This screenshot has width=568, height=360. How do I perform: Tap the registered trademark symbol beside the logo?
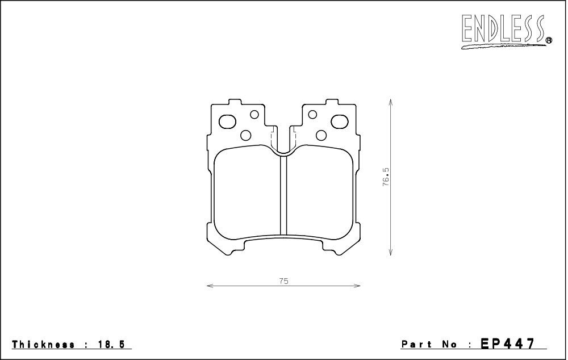pos(549,40)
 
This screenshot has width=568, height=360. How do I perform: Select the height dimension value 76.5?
pos(386,177)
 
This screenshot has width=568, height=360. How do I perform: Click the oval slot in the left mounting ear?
pos(228,122)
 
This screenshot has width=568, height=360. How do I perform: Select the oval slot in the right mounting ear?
pos(339,122)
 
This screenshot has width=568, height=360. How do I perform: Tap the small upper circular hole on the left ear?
pos(254,115)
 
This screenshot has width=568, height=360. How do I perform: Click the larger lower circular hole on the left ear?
pos(247,135)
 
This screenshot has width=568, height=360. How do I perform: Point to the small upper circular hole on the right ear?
pos(313,115)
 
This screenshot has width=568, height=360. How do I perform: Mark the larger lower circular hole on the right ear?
pos(321,135)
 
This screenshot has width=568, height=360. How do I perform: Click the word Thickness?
pos(43,345)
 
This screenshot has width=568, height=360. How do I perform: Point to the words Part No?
pos(429,345)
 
